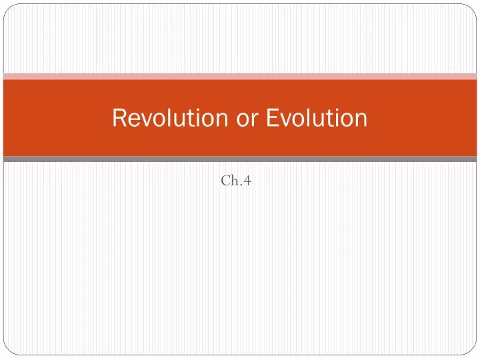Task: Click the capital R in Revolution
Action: point(119,118)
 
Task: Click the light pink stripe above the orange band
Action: point(240,77)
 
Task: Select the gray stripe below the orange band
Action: point(240,159)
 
